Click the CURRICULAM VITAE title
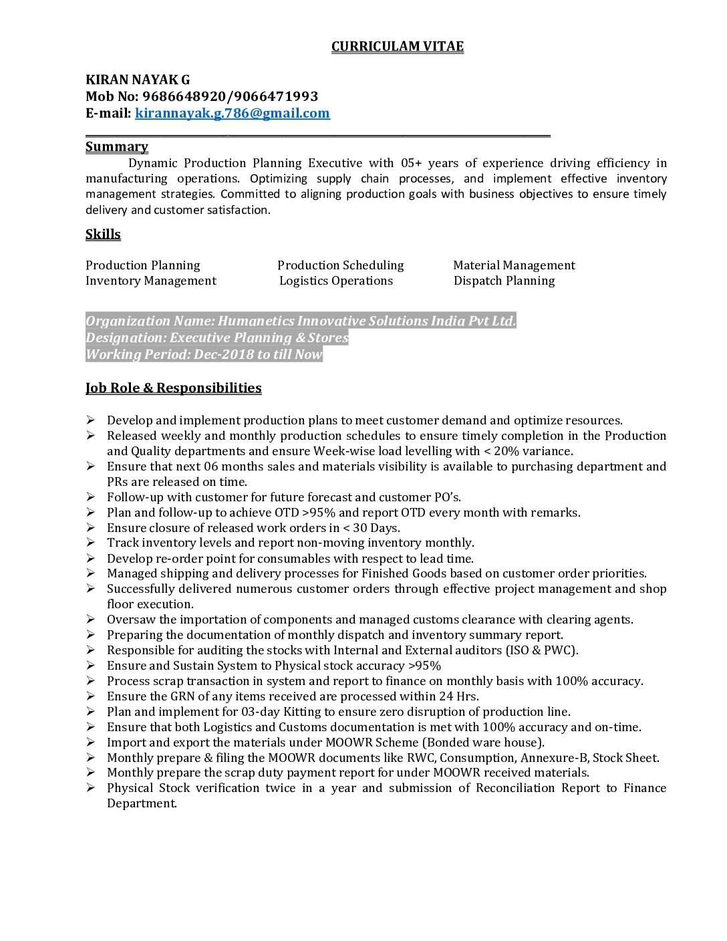[x=397, y=46]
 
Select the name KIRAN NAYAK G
[x=138, y=80]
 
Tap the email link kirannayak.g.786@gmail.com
[x=232, y=113]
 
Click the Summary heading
[x=116, y=146]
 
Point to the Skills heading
[x=103, y=234]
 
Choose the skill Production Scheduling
[x=340, y=265]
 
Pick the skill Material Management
[x=514, y=265]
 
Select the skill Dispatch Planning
[x=504, y=281]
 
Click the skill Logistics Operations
[x=335, y=281]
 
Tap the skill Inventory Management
[x=150, y=281]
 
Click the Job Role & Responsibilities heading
[x=173, y=388]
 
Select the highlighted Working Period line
[x=204, y=354]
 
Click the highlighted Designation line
[x=216, y=338]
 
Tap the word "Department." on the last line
[x=142, y=803]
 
